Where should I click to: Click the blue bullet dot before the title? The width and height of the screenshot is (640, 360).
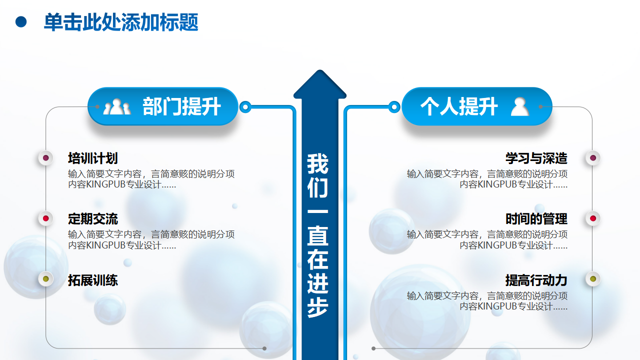(21, 22)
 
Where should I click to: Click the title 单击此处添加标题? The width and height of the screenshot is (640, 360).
(121, 22)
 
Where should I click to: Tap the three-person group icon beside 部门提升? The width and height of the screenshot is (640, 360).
(117, 106)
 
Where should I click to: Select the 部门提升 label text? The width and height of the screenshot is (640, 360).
(181, 106)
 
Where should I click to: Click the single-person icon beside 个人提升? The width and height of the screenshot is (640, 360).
(519, 106)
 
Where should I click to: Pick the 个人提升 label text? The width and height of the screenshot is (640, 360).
(459, 106)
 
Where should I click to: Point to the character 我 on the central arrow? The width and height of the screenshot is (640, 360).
(317, 163)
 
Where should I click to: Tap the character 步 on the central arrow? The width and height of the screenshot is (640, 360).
(317, 307)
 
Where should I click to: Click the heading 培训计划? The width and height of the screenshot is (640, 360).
(93, 158)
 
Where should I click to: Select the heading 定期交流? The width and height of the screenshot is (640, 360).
(93, 219)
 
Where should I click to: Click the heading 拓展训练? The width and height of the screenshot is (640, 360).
(93, 280)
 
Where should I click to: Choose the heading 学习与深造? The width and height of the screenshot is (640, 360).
(536, 158)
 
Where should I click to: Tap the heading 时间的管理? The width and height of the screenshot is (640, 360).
(536, 219)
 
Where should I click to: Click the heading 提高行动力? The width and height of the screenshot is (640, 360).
(536, 280)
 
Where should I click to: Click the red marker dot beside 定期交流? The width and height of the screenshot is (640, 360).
(45, 218)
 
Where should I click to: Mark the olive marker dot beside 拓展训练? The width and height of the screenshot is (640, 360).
(45, 279)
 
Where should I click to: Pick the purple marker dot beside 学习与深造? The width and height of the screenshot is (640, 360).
(593, 158)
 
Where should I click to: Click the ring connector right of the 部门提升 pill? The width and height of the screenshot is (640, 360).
(245, 107)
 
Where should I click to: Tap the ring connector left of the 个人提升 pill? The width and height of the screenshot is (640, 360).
(394, 107)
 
